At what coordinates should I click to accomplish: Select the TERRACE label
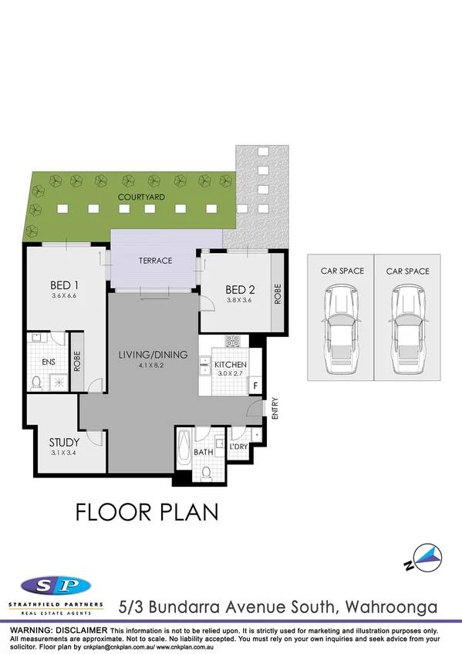click(x=155, y=261)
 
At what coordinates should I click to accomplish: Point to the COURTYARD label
click(x=140, y=197)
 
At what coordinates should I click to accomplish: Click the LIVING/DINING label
click(x=153, y=355)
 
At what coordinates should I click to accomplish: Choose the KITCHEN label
click(x=230, y=364)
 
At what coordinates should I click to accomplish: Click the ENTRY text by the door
click(x=274, y=408)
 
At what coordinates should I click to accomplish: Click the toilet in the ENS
click(x=37, y=381)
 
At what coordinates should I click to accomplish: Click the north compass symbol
click(x=425, y=556)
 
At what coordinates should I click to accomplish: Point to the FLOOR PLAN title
click(x=147, y=511)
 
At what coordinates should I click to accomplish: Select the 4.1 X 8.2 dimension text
click(x=153, y=366)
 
